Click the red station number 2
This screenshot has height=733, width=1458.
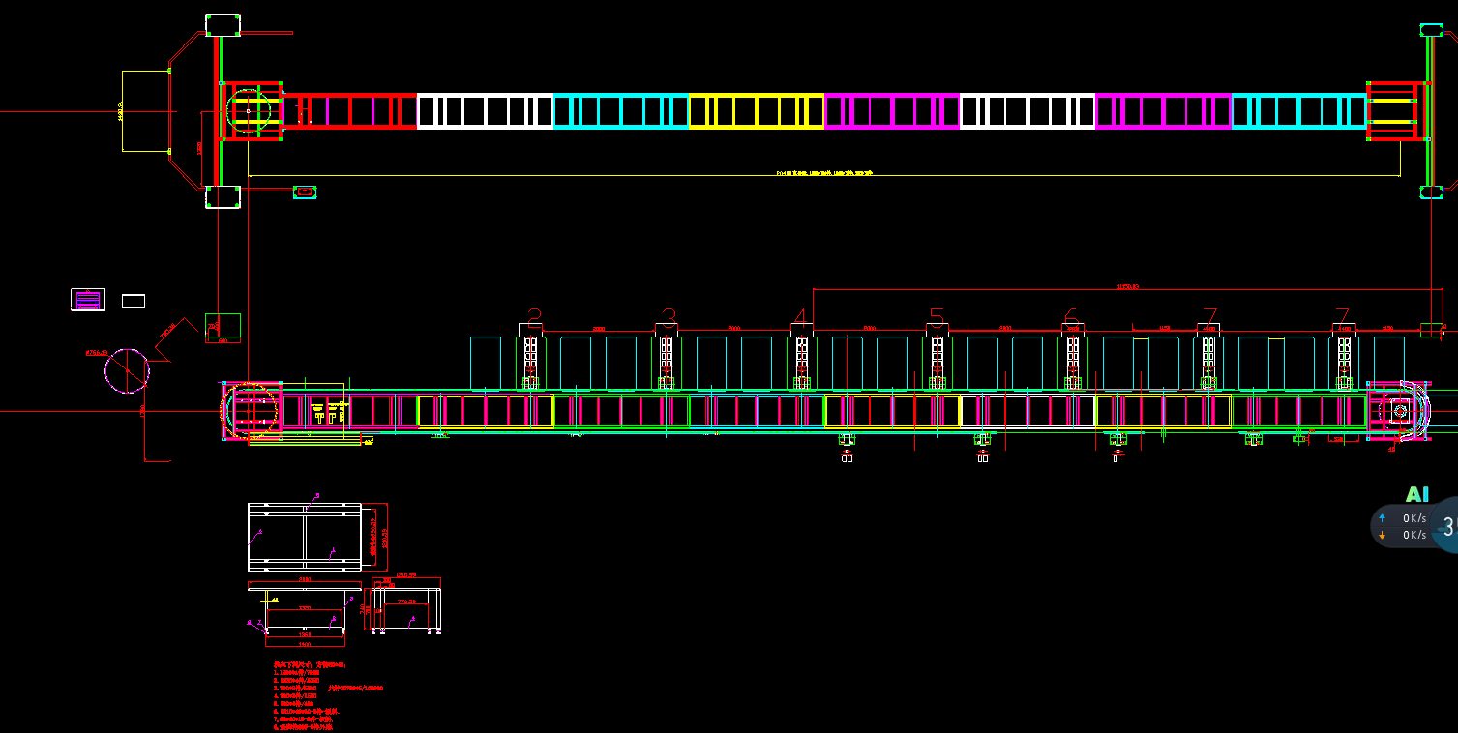coord(534,317)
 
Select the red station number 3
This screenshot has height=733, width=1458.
coord(669,317)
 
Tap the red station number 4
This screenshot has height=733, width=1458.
coord(800,317)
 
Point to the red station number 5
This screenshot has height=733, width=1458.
coord(937,317)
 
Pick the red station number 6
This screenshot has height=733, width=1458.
coord(1071,317)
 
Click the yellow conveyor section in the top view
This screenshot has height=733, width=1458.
coord(756,111)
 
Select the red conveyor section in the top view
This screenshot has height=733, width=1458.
coord(350,111)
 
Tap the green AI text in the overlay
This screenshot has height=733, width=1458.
coord(1416,495)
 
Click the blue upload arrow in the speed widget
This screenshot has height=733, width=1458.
coord(1382,518)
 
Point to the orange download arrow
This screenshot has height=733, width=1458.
coord(1382,535)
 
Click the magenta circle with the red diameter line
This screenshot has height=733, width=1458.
coord(128,370)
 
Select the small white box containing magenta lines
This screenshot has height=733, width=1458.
coord(88,300)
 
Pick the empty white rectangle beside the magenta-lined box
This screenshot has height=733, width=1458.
coord(134,301)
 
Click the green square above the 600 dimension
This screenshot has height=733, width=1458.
coord(223,325)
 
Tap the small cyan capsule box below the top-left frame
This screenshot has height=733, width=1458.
coord(306,191)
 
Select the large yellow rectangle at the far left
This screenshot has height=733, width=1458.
coord(145,111)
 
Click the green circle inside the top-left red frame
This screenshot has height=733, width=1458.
coord(248,111)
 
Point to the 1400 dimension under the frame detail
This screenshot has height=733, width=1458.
coord(305,644)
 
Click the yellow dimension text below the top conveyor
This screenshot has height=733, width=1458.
coord(824,173)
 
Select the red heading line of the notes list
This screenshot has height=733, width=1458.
coord(310,665)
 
